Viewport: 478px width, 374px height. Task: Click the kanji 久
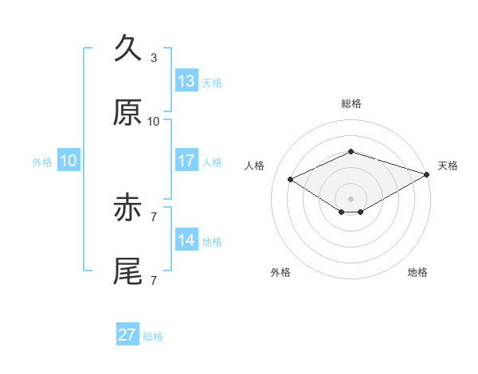coord(127,48)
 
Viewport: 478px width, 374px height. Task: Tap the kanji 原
coord(127,112)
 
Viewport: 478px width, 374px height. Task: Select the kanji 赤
coord(127,207)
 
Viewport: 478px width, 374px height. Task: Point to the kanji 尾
coord(127,271)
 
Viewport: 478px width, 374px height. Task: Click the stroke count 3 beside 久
coord(154,58)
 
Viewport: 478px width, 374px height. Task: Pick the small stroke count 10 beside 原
coord(153,122)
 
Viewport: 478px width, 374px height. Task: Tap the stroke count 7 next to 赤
coord(154,217)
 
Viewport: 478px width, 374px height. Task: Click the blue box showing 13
coord(186,80)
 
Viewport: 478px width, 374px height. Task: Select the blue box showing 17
coord(186,160)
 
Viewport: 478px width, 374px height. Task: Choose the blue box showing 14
coord(186,239)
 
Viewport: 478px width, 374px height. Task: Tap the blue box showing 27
coord(127,333)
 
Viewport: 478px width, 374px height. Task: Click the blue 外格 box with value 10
coord(69,160)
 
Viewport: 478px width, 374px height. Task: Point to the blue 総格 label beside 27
coord(153,337)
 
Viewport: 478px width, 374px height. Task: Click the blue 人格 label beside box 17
coord(212,162)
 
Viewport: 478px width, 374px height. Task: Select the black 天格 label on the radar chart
coord(448,166)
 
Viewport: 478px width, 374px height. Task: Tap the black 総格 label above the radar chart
coord(351,103)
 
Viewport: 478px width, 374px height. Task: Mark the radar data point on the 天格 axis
coord(427,174)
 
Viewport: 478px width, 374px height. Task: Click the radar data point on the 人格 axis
coord(291,179)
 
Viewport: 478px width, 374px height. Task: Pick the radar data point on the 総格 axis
coord(351,151)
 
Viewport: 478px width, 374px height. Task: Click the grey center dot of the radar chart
coord(351,199)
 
